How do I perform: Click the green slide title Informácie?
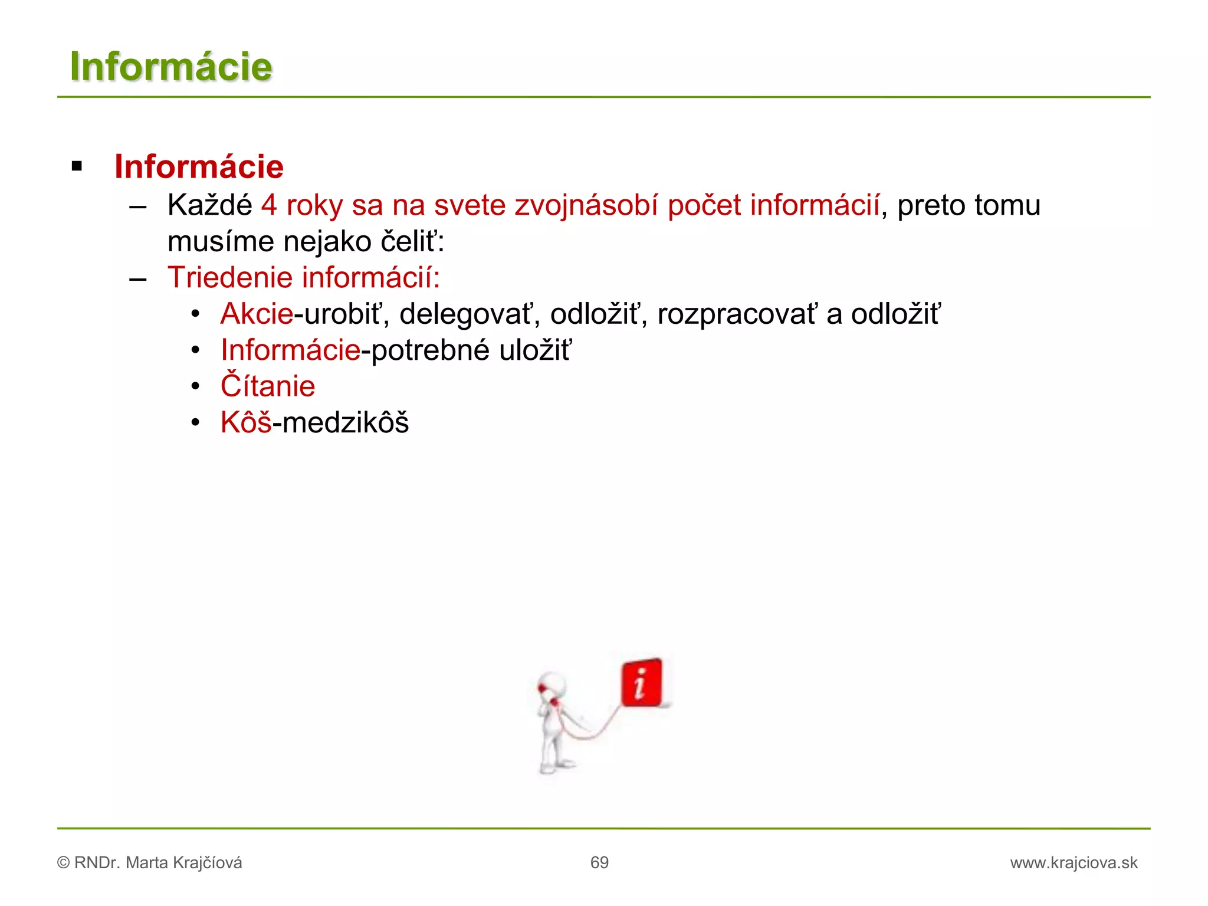point(171,67)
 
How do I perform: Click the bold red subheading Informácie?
point(199,167)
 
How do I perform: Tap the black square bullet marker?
point(77,166)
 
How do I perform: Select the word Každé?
point(209,206)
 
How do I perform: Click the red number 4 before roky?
point(269,206)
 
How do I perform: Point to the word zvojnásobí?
point(586,206)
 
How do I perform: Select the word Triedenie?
point(230,278)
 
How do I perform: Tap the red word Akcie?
point(257,314)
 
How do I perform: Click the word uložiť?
point(535,350)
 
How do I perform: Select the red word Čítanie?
point(268,386)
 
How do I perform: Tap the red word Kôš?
point(246,422)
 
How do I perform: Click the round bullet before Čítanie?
point(196,387)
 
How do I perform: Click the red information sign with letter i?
point(641,683)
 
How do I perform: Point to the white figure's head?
point(553,685)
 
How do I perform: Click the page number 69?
point(599,863)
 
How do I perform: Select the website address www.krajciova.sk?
point(1074,863)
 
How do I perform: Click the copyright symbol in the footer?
point(63,863)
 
